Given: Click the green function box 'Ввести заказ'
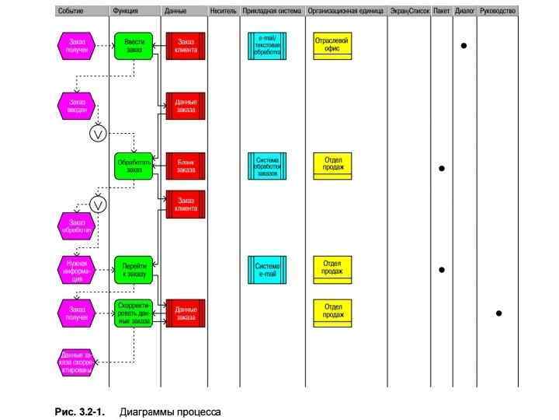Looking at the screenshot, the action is point(134,46).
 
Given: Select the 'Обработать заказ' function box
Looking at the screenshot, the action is point(134,166).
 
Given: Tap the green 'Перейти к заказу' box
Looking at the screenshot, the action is point(134,268).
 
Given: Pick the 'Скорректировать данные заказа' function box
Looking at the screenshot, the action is point(134,313).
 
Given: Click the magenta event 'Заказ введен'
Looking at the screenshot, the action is point(77,105).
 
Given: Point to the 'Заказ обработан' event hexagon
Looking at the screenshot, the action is point(77,226).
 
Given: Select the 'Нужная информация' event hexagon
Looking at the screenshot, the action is point(77,269).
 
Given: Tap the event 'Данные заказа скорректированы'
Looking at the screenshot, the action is point(77,362).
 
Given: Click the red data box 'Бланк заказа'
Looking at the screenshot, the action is point(186,166).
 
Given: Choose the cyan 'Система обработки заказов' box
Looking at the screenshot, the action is point(267,166).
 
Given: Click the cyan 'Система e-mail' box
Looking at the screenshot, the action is point(267,268).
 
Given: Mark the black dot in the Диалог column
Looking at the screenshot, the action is point(464,46).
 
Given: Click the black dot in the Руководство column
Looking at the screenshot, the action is point(498,313).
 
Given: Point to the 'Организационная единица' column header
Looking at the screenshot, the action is point(345,12).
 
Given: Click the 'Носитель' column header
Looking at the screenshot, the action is point(223,12).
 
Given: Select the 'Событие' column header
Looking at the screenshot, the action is point(71,12).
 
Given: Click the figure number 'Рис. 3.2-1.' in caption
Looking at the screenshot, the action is point(80,411).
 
